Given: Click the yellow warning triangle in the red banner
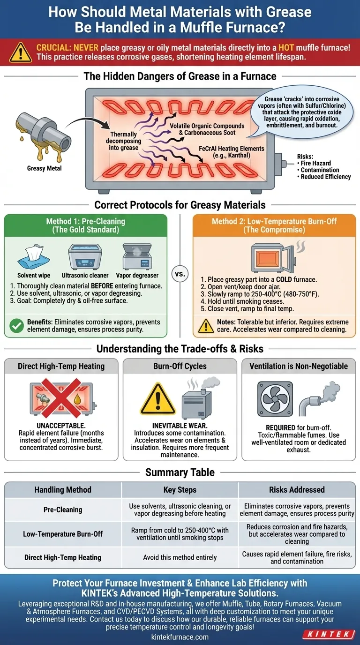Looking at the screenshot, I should [22, 52].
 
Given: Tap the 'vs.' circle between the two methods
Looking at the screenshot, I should [180, 275].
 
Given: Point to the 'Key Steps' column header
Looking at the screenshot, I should [180, 490].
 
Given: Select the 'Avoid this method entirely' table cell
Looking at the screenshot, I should [180, 557].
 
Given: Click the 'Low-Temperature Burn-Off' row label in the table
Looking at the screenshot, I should [63, 534].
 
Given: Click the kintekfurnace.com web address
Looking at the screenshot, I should [180, 637].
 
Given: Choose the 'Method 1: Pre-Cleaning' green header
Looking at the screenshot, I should [85, 225].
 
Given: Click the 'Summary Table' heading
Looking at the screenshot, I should [180, 472].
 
